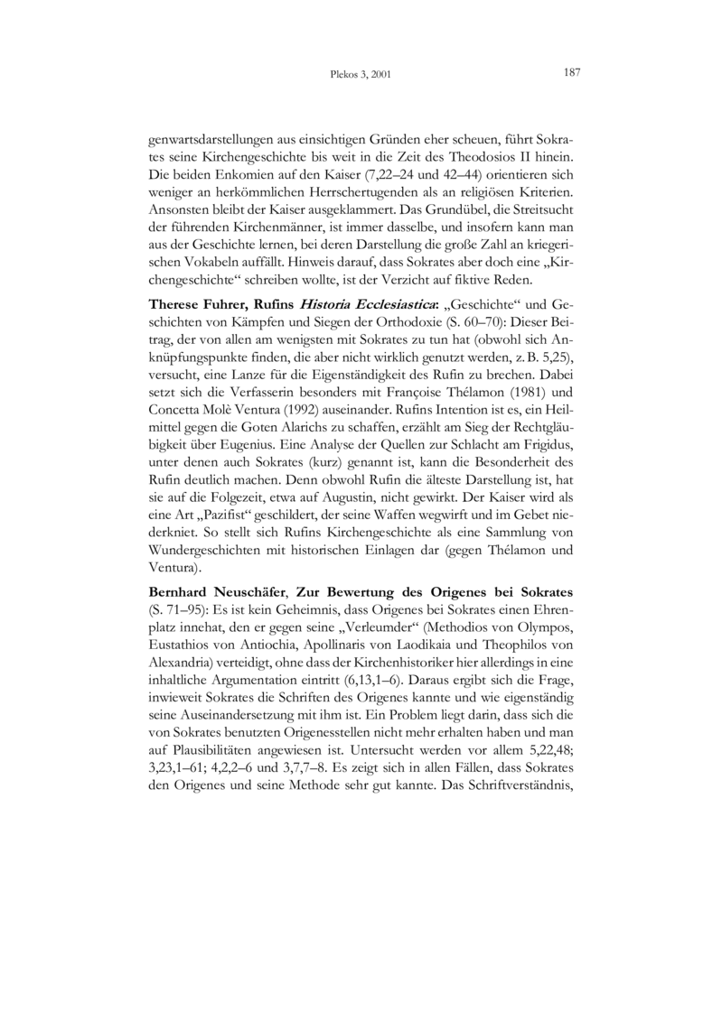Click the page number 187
pos(570,72)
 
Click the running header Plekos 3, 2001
pos(361,74)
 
